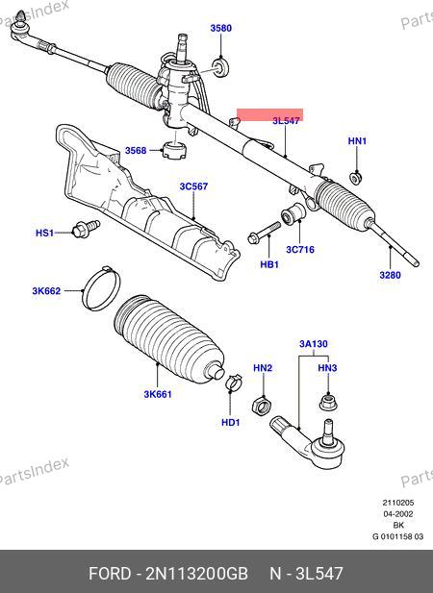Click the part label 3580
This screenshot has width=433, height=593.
[221, 28]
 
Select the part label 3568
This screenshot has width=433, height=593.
[136, 151]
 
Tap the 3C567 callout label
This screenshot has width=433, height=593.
[193, 186]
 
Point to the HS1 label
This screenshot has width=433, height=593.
[44, 233]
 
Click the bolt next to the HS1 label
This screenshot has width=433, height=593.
[86, 228]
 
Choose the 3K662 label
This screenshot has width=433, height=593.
[46, 291]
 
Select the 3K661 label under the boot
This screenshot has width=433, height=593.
[158, 394]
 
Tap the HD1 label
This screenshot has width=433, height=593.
[231, 422]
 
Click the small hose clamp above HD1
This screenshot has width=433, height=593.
[234, 383]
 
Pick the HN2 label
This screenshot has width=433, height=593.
[263, 367]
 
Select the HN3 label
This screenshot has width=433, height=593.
[327, 367]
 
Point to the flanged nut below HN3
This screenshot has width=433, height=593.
[328, 402]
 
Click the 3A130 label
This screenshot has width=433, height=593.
[314, 344]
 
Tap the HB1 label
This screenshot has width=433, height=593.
[269, 264]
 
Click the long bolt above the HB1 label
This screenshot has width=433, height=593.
[265, 233]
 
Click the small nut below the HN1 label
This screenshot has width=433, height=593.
[355, 178]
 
